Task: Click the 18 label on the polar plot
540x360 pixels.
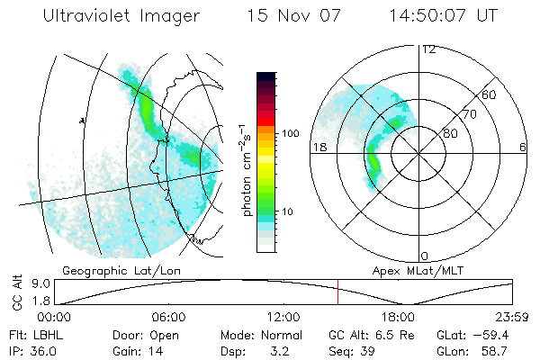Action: pyautogui.click(x=319, y=146)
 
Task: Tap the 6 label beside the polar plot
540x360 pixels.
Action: pyautogui.click(x=523, y=146)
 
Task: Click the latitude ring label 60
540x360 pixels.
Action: pyautogui.click(x=489, y=95)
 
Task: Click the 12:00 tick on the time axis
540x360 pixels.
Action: pyautogui.click(x=283, y=317)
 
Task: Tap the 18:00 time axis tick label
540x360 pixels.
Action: pyautogui.click(x=398, y=317)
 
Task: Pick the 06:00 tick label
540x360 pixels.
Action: pyautogui.click(x=168, y=317)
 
